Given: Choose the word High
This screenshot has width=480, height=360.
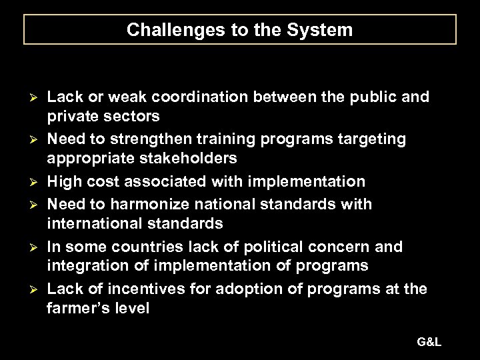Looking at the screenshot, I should (65, 181).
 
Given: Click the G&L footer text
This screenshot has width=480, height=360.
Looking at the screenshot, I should (430, 342).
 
